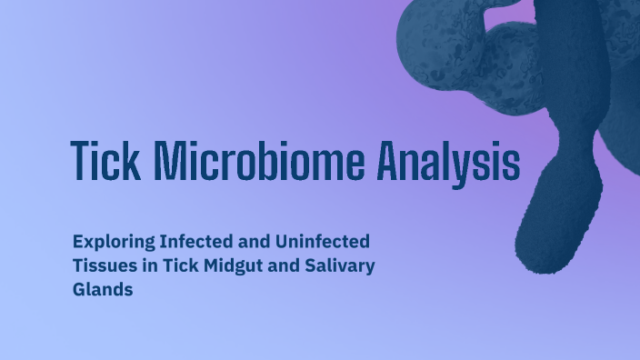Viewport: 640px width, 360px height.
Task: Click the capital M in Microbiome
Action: point(170,163)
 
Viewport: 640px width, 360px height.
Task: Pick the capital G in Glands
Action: point(79,289)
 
